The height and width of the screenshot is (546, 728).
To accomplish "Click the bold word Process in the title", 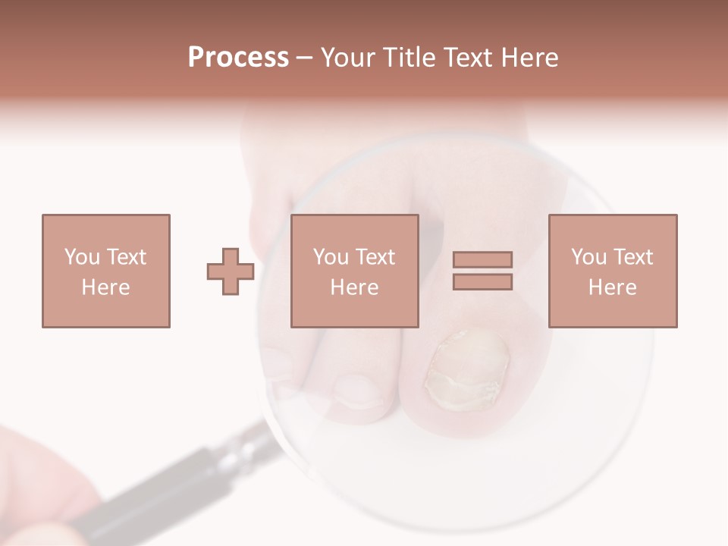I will coord(238,58).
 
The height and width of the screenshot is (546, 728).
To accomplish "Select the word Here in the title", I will coord(529,58).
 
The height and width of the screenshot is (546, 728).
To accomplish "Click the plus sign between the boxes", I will coord(231,271).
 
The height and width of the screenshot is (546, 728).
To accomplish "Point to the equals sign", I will coord(482,271).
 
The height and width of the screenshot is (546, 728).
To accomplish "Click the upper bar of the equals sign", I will coord(482,260).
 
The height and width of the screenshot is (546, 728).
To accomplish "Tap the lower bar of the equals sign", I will coord(482,281).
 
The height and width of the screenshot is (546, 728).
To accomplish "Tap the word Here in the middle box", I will coord(354,287).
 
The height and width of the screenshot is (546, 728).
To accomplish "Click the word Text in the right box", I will coord(634,257).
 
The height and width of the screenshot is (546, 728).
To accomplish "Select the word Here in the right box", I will coord(612,287).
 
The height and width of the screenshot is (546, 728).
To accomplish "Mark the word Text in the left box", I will coord(126,257).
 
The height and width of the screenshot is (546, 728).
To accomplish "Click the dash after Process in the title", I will coord(305,58).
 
